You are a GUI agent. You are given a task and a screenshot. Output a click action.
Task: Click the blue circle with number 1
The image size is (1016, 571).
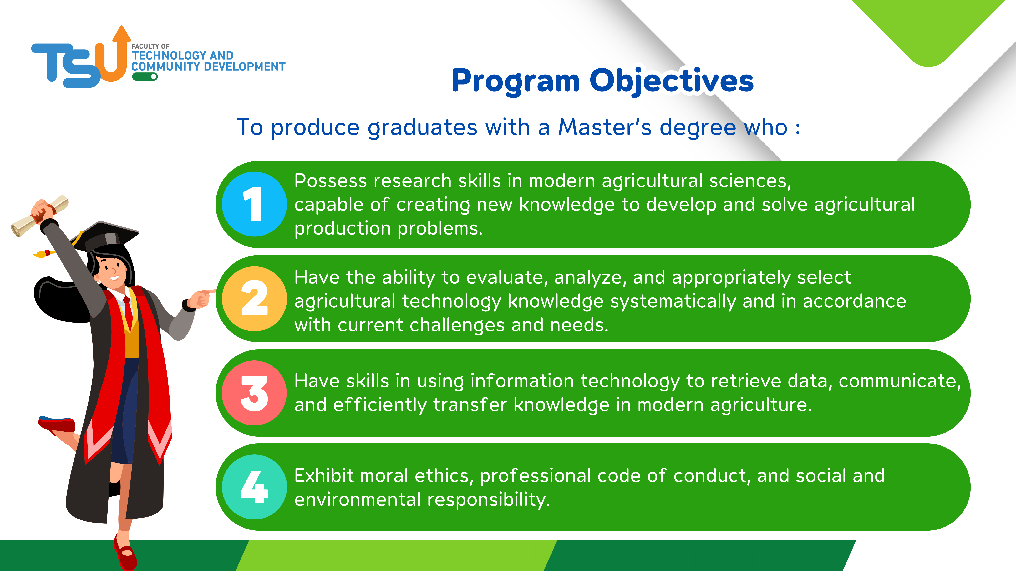point(254,204)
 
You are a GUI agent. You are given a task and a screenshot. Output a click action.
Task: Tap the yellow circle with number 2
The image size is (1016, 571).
point(254,299)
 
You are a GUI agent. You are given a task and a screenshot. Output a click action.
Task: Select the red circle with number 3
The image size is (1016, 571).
point(254,393)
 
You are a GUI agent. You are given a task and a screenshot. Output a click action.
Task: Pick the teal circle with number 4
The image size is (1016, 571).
point(254,487)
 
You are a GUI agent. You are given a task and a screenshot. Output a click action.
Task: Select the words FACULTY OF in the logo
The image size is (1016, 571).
point(150,47)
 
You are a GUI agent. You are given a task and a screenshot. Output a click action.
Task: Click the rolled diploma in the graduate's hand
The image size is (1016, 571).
point(39,216)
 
